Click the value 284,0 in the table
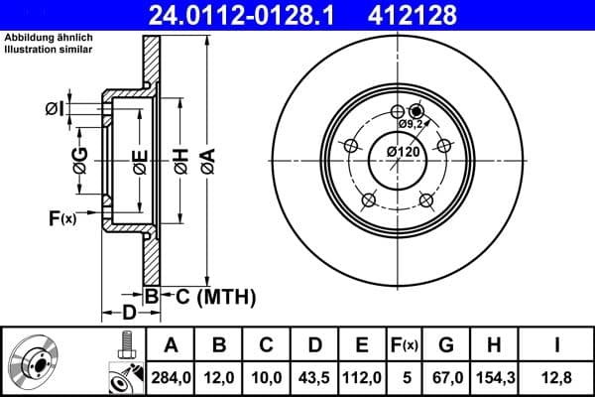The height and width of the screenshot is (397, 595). pyautogui.click(x=170, y=376)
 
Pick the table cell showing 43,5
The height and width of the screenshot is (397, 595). pyautogui.click(x=314, y=376)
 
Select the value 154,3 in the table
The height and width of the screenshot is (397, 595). pyautogui.click(x=493, y=376)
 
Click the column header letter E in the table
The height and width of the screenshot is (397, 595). pyautogui.click(x=362, y=345)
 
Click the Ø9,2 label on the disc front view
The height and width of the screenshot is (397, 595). pyautogui.click(x=413, y=124)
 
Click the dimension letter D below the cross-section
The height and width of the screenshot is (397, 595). pyautogui.click(x=129, y=314)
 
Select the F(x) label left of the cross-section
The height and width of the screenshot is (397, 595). pyautogui.click(x=61, y=217)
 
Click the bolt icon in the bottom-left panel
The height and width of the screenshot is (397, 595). pyautogui.click(x=126, y=345)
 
